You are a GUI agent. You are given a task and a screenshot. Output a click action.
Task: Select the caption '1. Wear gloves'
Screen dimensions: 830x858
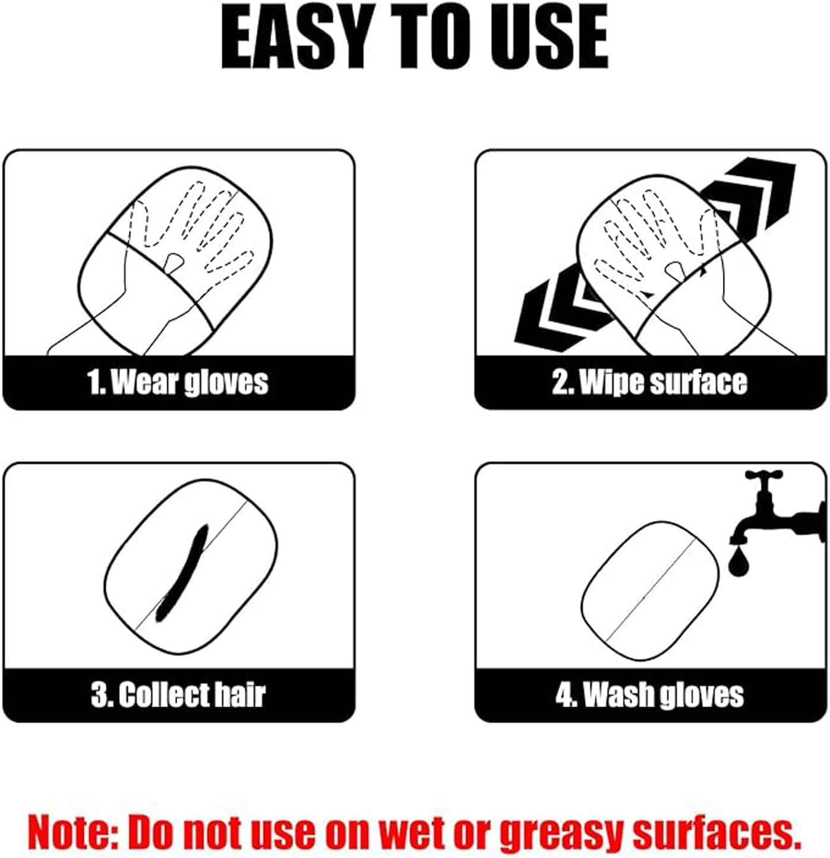tap(178, 382)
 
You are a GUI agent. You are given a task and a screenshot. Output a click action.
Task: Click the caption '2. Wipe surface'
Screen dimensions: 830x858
tap(650, 382)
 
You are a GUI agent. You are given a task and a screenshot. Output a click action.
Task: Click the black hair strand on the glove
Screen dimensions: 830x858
tap(181, 573)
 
